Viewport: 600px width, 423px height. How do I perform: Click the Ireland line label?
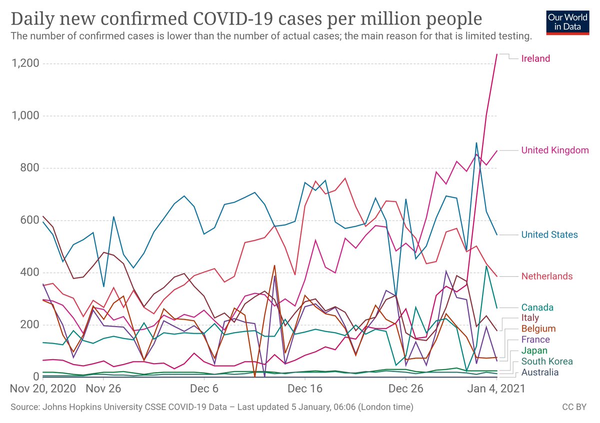535,58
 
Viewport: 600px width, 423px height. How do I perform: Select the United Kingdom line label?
554,150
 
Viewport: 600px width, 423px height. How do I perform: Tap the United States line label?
549,235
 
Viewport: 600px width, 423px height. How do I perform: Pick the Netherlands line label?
546,276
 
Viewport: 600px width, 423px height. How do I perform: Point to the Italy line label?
530,318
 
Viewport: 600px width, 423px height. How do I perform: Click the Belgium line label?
538,329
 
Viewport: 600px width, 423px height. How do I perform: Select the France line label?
535,340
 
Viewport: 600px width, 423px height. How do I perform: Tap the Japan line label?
534,351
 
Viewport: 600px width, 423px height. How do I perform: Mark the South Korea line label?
546,361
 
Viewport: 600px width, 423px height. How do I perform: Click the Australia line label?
540,372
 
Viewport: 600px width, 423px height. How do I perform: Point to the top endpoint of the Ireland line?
496,54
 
